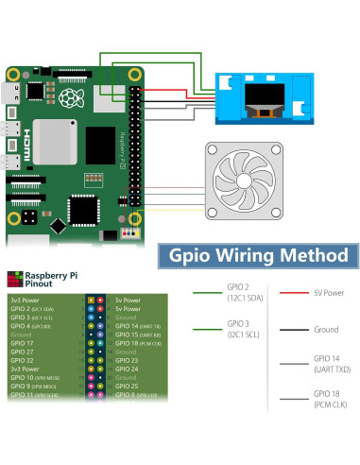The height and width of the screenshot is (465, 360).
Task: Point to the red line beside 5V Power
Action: click(x=293, y=291)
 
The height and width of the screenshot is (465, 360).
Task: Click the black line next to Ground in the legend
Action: click(x=293, y=331)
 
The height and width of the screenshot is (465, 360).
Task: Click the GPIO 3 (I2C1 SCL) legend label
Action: click(x=239, y=330)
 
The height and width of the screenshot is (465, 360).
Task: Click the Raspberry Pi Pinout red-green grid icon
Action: click(x=13, y=277)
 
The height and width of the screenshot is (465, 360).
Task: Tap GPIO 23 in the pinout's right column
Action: click(x=127, y=359)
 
